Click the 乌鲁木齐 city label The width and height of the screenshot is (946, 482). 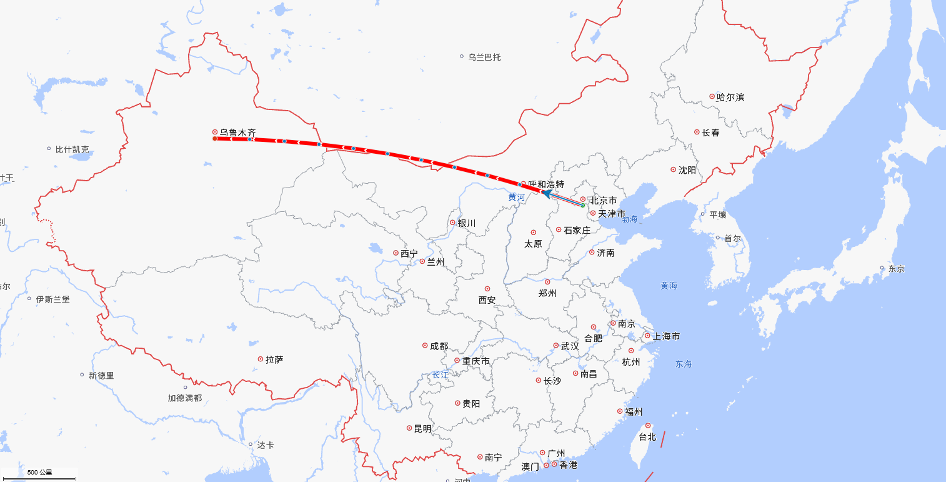[237, 133]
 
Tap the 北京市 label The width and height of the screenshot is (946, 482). [603, 201]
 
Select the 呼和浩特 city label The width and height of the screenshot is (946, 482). [546, 184]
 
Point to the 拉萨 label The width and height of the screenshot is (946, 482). [274, 359]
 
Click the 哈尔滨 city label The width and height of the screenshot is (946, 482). [730, 97]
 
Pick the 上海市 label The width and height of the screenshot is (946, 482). [666, 336]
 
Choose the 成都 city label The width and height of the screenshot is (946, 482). [439, 346]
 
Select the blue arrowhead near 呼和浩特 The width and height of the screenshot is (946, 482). [546, 194]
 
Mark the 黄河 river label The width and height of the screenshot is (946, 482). [517, 197]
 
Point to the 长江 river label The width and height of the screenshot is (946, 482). [440, 375]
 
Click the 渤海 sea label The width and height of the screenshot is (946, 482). [629, 219]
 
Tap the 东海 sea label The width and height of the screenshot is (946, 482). [684, 364]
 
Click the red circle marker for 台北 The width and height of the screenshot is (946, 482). [648, 426]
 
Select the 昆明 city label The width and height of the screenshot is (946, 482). [422, 429]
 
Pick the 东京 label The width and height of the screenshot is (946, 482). [896, 269]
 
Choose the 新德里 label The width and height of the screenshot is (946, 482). [101, 376]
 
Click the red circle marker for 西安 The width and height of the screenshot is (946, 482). [487, 289]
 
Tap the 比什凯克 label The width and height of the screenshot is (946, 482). [72, 149]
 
